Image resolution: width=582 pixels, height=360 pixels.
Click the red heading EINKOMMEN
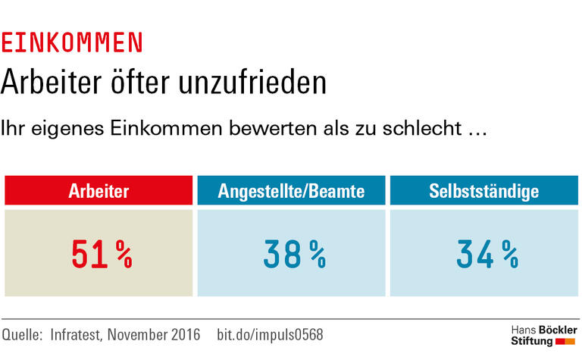point(71,42)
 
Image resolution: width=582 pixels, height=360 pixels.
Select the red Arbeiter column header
point(99,191)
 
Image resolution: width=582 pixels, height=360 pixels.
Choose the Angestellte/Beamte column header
point(291,191)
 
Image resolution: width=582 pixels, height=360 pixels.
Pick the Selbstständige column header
point(483,191)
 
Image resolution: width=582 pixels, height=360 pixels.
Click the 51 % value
point(102,255)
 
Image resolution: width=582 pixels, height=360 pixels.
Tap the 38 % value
point(294,255)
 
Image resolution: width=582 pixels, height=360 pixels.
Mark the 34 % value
point(487,255)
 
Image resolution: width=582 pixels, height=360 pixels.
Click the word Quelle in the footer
point(22,334)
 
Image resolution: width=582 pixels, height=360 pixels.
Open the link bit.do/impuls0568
point(270,334)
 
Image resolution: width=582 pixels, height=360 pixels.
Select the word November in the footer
point(139,334)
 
